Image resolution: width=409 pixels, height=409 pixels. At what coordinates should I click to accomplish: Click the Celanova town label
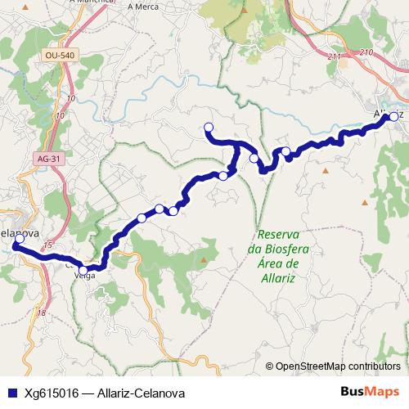tap(18, 231)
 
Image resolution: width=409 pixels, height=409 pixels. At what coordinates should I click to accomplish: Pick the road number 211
tap(333, 57)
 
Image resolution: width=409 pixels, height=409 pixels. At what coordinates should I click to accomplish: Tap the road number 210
tap(365, 53)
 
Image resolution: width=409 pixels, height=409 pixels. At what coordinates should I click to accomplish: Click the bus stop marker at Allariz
tap(393, 117)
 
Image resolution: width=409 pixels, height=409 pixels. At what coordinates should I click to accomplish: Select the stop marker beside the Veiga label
tap(83, 269)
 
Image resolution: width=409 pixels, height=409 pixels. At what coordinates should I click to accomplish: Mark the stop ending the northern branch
tap(208, 127)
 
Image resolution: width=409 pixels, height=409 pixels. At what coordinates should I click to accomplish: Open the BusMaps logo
tap(371, 392)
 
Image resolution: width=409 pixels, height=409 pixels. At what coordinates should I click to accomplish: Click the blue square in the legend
tap(12, 393)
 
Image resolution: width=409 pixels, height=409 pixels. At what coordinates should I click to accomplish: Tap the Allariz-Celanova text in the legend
tap(139, 393)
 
